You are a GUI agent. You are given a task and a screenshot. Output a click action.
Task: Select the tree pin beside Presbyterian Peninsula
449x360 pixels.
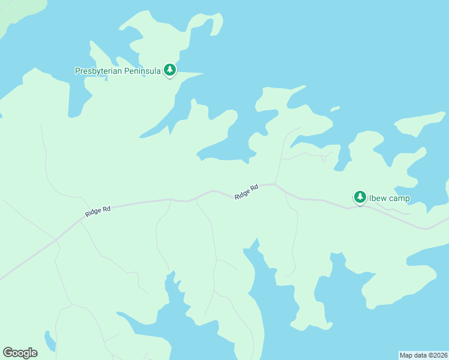[170, 70]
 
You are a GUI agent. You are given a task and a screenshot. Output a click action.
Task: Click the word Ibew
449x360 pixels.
[378, 198]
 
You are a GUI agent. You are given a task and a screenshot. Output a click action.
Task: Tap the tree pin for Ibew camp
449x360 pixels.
[360, 197]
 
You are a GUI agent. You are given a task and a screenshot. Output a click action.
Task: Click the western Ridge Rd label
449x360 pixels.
[98, 211]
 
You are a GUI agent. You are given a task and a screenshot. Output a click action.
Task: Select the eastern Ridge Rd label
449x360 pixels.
[246, 191]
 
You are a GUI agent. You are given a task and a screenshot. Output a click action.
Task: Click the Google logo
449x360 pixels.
[20, 353]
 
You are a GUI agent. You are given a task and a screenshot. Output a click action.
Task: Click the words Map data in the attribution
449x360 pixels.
[414, 355]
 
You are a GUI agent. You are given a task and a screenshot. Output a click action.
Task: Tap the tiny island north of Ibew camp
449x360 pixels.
[335, 109]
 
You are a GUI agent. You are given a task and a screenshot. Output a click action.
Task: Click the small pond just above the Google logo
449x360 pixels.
[49, 340]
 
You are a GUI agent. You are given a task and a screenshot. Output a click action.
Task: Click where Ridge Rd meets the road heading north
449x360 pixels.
[276, 184]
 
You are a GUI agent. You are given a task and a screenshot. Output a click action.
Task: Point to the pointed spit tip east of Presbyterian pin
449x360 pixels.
[202, 74]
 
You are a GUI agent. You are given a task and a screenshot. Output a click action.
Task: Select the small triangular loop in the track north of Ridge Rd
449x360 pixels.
[325, 157]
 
